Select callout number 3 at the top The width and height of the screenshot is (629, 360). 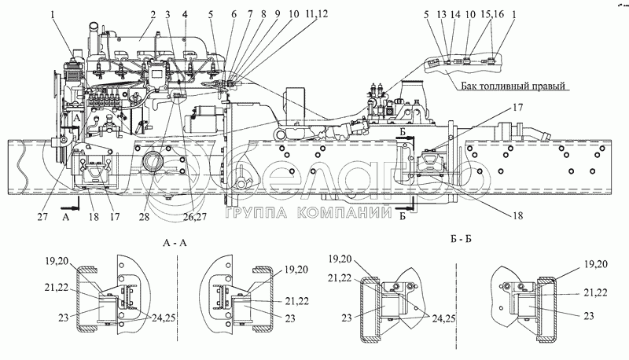[x=167, y=14]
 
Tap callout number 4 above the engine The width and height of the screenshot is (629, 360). [x=185, y=14]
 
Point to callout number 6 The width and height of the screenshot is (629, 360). [x=233, y=14]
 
